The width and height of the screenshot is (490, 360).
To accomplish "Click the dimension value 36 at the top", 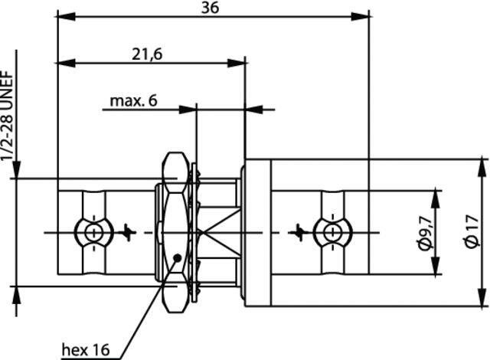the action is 210,8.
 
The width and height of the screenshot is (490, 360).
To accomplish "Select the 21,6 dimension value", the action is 147,54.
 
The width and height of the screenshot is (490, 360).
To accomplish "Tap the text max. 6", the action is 133,101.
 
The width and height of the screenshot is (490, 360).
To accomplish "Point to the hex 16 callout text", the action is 86,350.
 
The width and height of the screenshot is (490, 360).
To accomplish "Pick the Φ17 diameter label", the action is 472,231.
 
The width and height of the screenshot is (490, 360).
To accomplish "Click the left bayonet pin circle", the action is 93,233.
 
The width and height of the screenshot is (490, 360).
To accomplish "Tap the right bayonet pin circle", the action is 332,233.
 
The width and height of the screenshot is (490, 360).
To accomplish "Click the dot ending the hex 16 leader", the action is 178,258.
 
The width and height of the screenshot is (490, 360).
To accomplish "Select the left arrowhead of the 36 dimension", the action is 67,17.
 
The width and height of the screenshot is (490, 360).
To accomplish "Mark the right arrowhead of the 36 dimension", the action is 360,17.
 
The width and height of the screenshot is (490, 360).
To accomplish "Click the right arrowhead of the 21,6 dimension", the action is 237,63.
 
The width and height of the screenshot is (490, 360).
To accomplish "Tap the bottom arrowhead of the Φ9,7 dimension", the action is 436,266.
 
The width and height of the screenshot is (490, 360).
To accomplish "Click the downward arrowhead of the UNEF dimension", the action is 16,170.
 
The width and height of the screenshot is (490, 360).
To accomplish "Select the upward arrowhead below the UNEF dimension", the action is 16,295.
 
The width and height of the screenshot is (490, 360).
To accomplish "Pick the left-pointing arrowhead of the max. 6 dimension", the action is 253,110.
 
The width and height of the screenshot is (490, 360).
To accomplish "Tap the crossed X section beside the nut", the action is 219,233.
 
